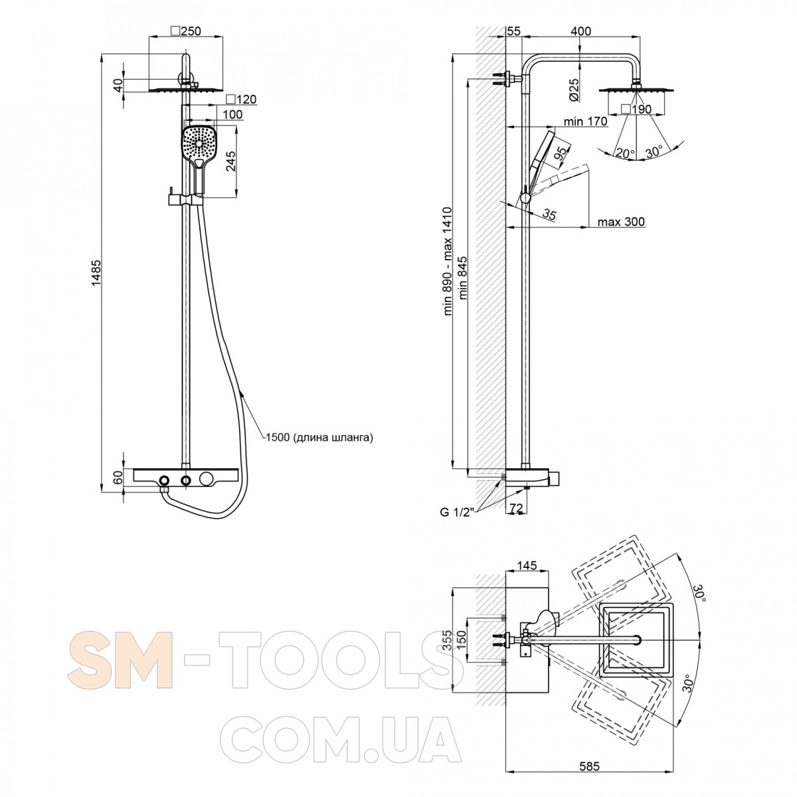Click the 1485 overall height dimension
pyautogui.click(x=96, y=272)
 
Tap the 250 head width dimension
pyautogui.click(x=186, y=31)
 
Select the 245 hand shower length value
pyautogui.click(x=231, y=161)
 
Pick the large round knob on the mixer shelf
pyautogui.click(x=206, y=480)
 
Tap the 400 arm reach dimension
pyautogui.click(x=580, y=31)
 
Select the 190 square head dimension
pyautogui.click(x=636, y=109)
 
